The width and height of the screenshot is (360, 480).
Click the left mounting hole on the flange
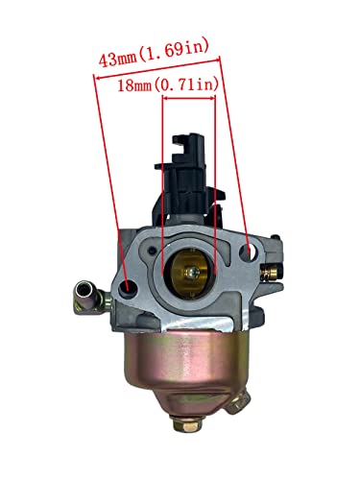pos(128,284)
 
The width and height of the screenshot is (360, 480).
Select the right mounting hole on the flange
pos(252,252)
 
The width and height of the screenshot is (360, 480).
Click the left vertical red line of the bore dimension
pos(163,182)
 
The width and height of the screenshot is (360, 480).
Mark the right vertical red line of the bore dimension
pos(216,182)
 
